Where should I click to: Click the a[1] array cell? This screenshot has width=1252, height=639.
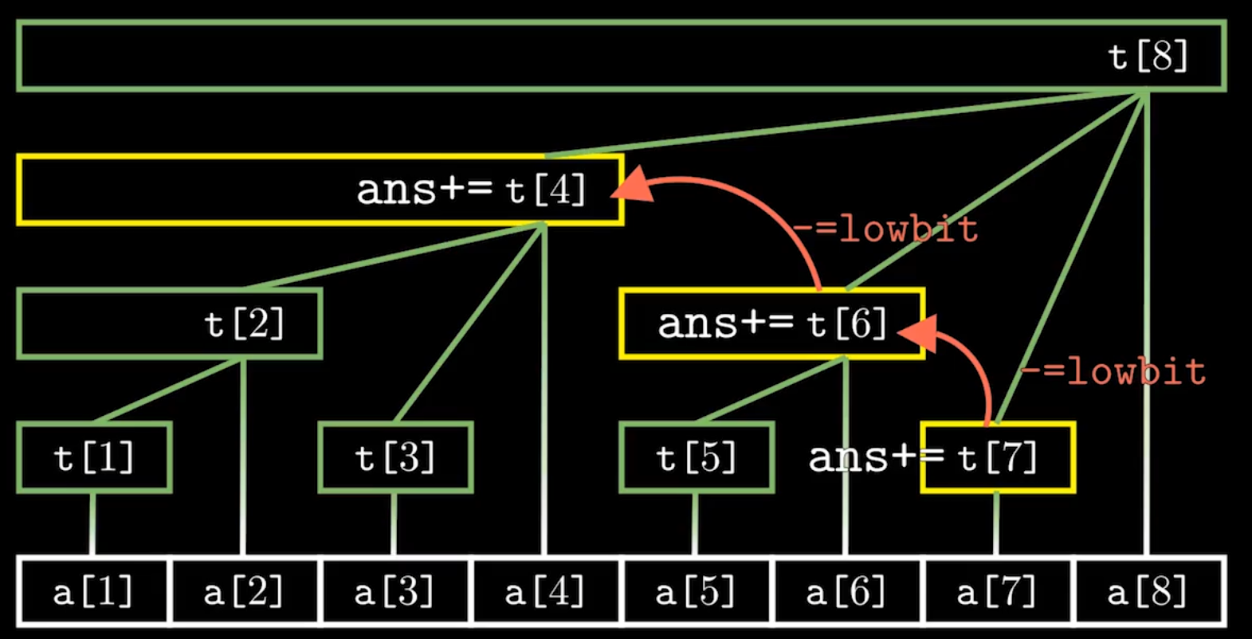tap(93, 592)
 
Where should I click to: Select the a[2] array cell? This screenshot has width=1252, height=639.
tap(244, 592)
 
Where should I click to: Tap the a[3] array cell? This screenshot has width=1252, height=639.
tap(394, 592)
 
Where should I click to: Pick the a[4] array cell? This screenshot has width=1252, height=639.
tap(545, 592)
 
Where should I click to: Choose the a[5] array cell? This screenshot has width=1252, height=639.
tap(696, 592)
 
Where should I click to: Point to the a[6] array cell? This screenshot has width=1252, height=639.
tap(846, 592)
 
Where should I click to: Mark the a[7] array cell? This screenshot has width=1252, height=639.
tap(997, 592)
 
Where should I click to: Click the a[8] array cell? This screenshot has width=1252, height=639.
tap(1148, 592)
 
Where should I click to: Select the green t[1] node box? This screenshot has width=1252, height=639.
tap(94, 457)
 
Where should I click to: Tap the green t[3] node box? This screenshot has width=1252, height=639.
tap(395, 457)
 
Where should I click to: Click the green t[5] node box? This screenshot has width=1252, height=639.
tap(697, 457)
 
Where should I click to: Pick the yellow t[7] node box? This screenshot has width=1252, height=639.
tap(998, 457)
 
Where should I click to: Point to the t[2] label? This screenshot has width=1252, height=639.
tap(244, 323)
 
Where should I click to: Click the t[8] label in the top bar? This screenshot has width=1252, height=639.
tap(1148, 56)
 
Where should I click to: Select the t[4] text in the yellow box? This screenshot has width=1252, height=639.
tap(546, 190)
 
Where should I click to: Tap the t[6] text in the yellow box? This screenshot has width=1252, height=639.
tap(846, 323)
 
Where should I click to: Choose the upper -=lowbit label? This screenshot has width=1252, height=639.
tap(885, 229)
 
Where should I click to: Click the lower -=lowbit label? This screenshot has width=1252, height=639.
tap(1113, 371)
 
